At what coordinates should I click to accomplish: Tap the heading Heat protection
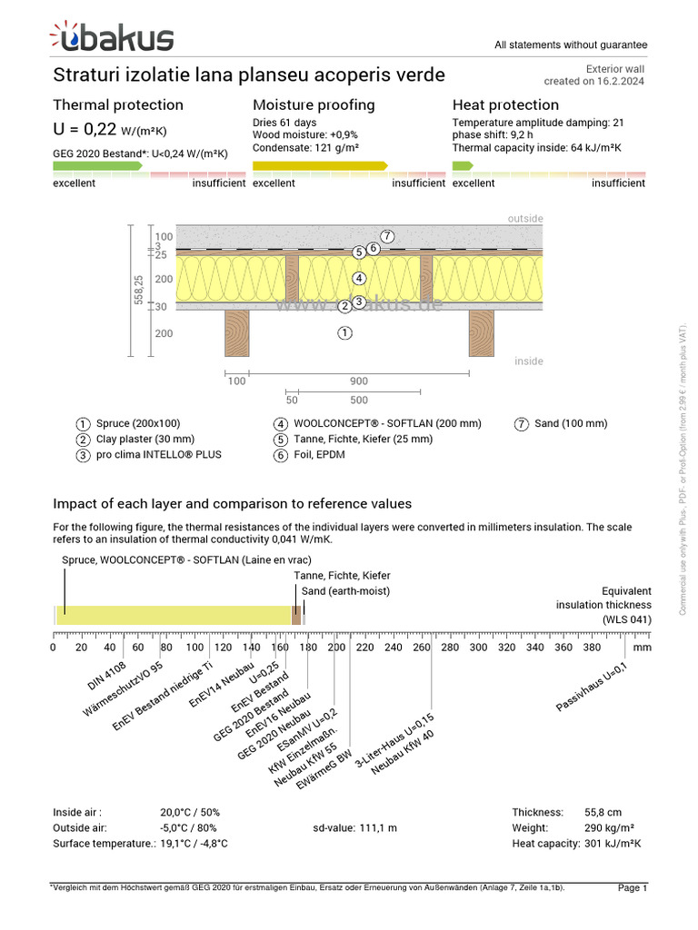pos(505,104)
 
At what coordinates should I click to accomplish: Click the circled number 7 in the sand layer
pos(387,236)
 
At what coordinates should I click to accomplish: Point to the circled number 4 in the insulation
pos(360,278)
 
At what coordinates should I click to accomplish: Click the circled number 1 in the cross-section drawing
pos(344,333)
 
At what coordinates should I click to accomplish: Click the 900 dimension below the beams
pos(359,381)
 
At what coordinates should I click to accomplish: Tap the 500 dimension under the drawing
pos(359,400)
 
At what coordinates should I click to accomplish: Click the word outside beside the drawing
pos(525,219)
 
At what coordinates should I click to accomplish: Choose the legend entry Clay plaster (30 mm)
pos(145,439)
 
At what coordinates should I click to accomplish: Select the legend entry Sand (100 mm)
pos(572,423)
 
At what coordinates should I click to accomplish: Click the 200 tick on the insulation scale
pos(336,648)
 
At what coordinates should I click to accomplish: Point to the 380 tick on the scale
pos(592,648)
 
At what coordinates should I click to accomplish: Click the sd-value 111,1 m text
pos(354,828)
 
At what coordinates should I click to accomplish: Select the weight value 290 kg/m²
pos(609,828)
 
